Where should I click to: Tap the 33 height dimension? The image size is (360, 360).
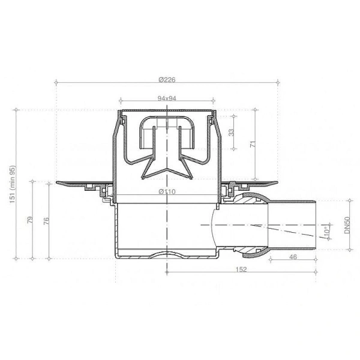tap(232, 133)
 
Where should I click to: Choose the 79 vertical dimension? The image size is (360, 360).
tap(30, 220)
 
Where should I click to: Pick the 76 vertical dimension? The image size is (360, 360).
tap(47, 220)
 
